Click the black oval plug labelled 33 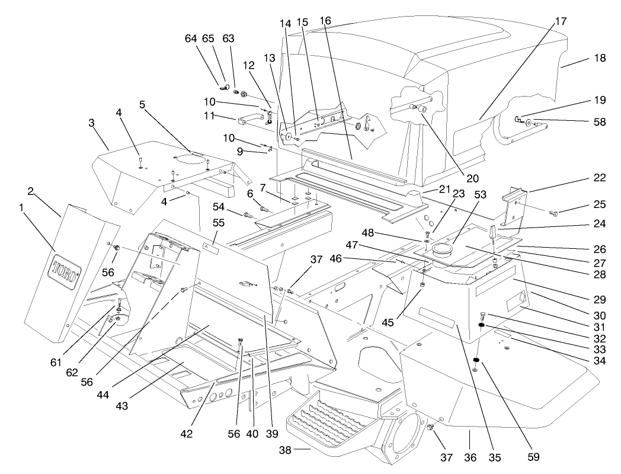482,325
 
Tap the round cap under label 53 442,249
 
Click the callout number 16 325,21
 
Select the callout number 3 91,122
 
